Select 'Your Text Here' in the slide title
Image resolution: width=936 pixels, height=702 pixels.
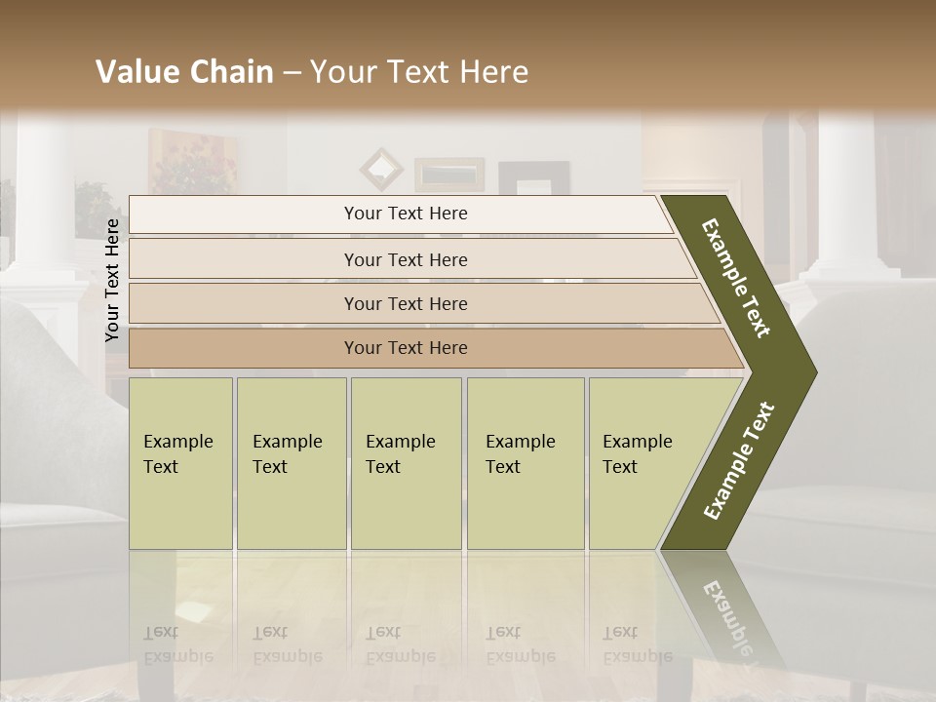tap(418, 72)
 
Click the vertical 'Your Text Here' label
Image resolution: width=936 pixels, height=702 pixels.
tap(112, 280)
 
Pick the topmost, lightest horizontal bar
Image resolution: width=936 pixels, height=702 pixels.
tap(406, 214)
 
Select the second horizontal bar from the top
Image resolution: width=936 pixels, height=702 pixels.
tap(406, 259)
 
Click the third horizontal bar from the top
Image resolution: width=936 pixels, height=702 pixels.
tap(406, 303)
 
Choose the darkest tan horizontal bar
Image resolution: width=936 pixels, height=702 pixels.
tap(406, 347)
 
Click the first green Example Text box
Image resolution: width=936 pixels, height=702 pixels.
tap(180, 462)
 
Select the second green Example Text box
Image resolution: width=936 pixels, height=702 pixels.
tap(291, 462)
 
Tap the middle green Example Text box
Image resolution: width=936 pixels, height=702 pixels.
tap(406, 462)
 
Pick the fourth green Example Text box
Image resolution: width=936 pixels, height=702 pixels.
tap(525, 462)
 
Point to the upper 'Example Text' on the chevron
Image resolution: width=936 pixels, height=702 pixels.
tap(737, 278)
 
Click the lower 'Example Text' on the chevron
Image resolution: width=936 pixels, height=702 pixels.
tap(739, 460)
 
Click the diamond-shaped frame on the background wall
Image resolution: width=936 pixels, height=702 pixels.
tap(381, 169)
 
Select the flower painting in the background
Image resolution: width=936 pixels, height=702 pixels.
tap(193, 161)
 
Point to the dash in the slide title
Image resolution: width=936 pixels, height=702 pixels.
tap(292, 73)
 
